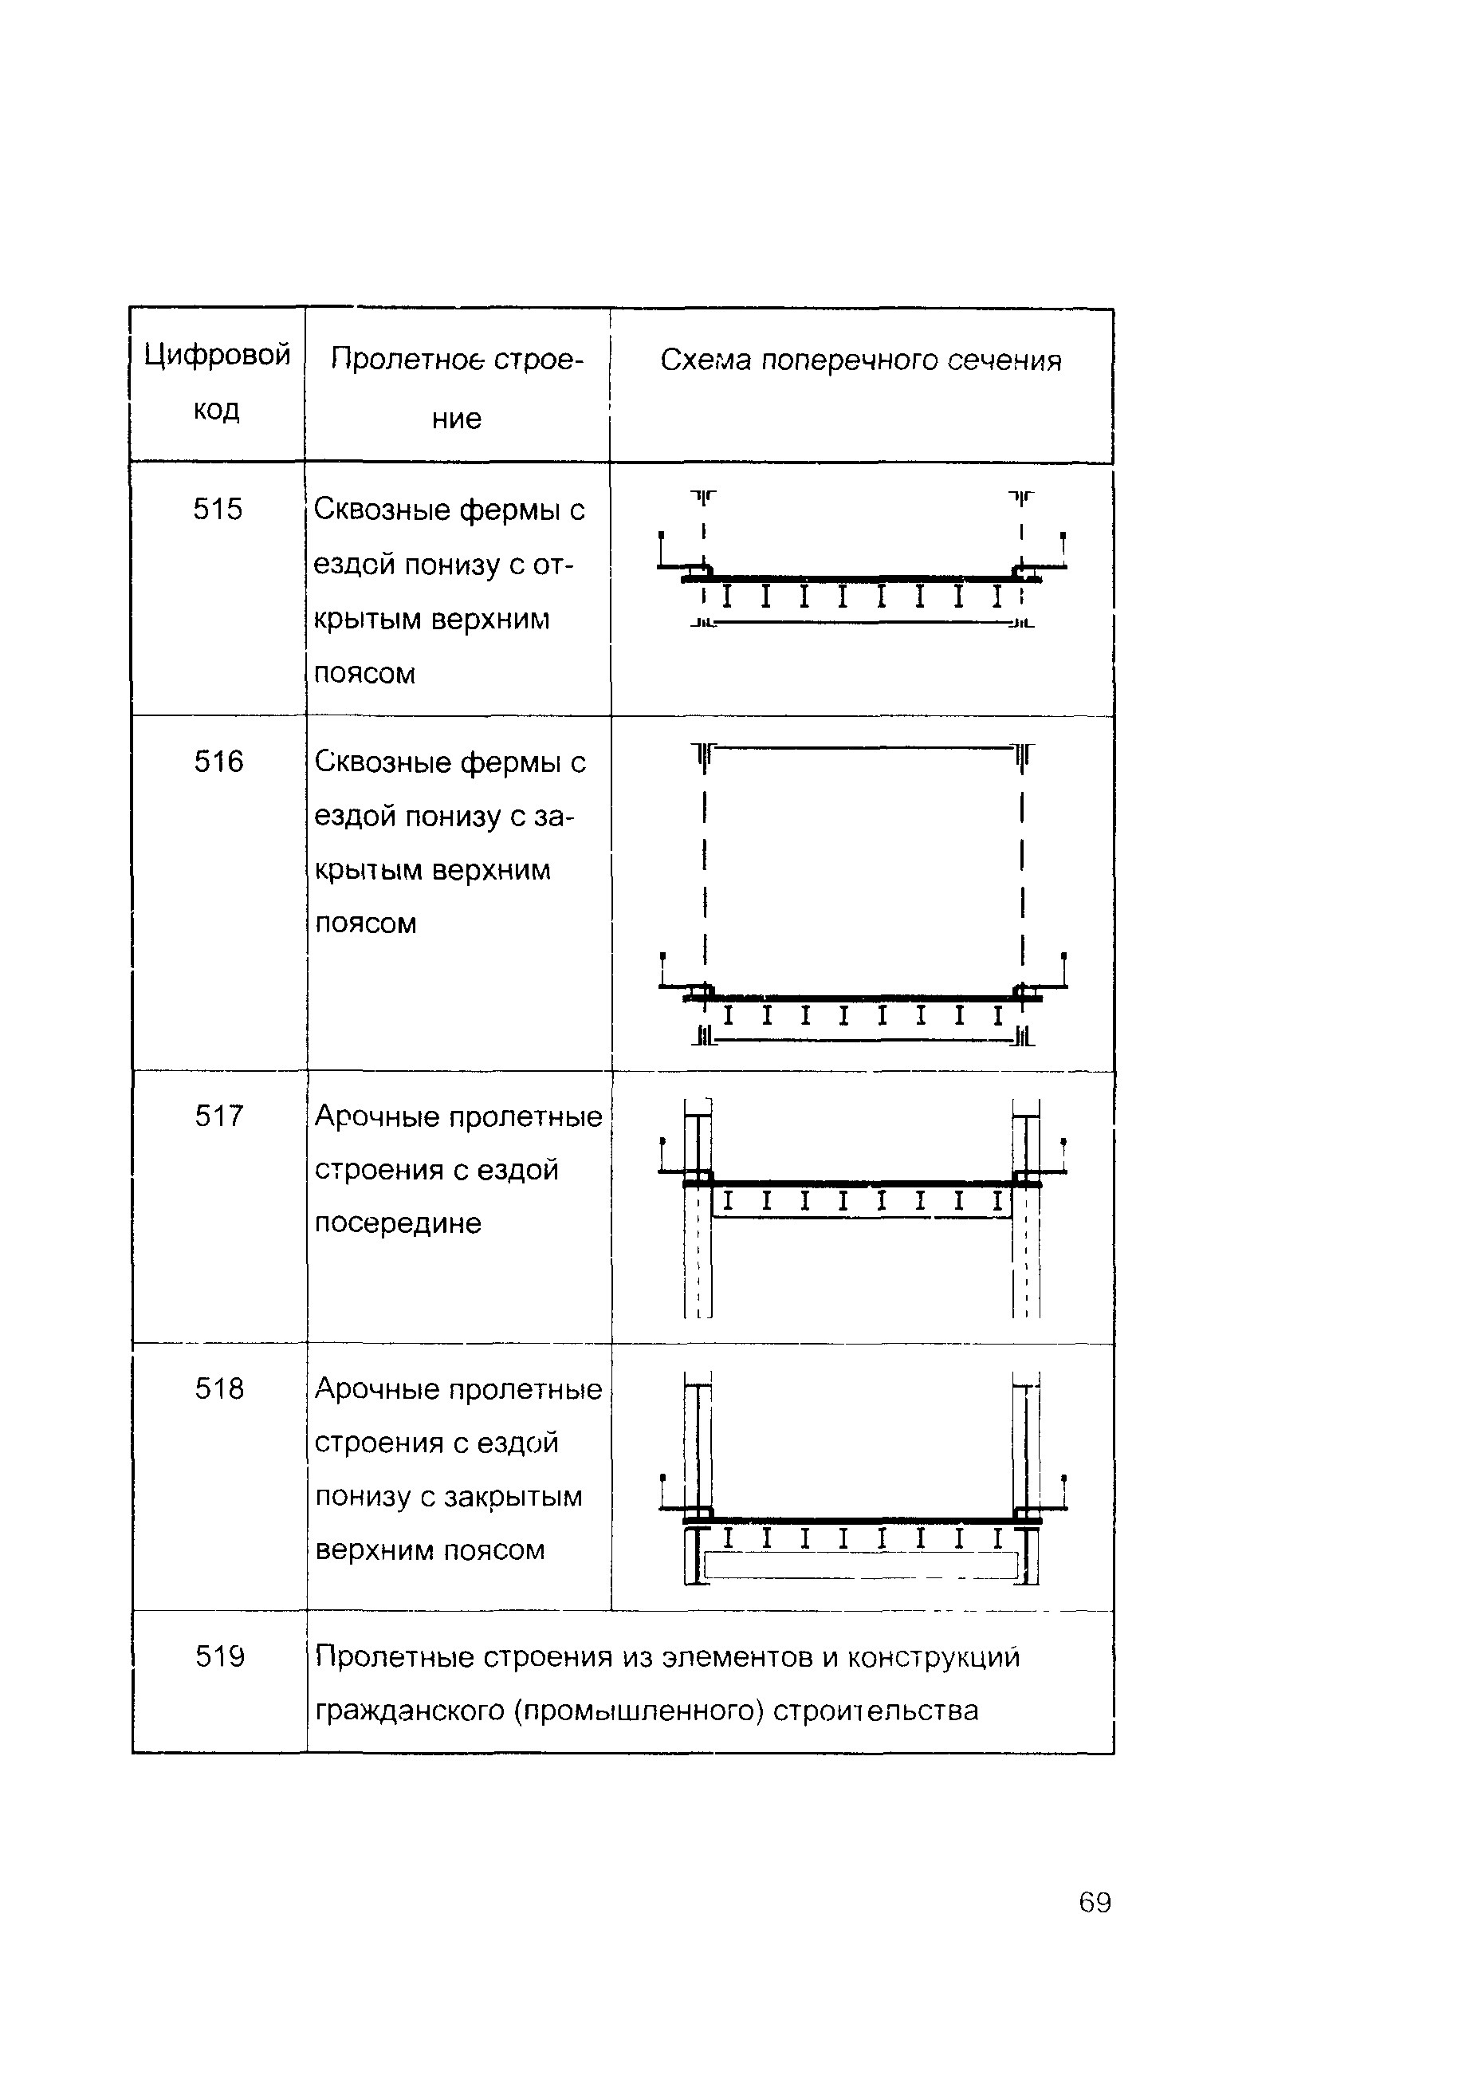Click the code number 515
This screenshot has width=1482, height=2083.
point(218,510)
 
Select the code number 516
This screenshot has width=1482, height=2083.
point(219,762)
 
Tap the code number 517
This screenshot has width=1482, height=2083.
point(219,1116)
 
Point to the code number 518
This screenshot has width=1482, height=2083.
point(220,1388)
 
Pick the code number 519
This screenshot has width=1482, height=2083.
point(220,1656)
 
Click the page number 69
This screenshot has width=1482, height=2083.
point(1095,1902)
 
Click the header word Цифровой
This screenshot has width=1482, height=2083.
point(217,354)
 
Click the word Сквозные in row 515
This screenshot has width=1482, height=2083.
point(381,510)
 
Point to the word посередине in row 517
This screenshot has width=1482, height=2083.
point(398,1223)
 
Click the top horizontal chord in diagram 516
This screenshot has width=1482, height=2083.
point(863,747)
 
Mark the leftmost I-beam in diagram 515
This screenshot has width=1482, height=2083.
point(727,597)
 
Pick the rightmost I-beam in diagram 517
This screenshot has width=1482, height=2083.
point(997,1201)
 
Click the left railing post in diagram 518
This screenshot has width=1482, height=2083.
point(663,1491)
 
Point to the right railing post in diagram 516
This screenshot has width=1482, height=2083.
point(1064,971)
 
